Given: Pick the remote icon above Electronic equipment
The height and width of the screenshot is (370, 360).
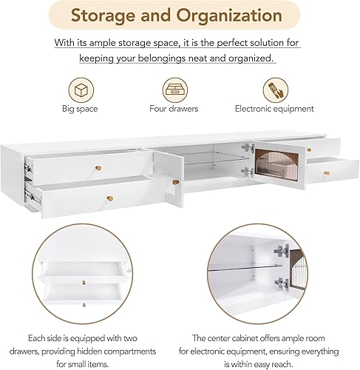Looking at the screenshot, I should coord(274,90).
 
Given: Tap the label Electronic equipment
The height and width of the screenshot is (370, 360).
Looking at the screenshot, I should coord(274,109).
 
